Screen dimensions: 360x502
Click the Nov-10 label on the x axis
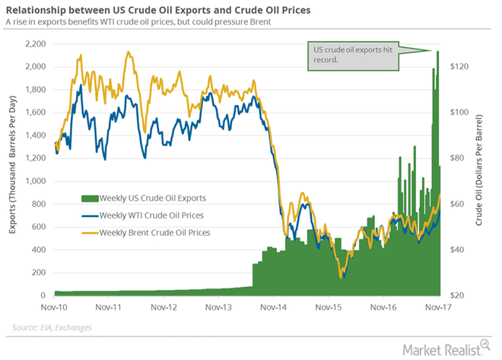(55, 309)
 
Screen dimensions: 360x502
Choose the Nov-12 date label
(164, 309)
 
